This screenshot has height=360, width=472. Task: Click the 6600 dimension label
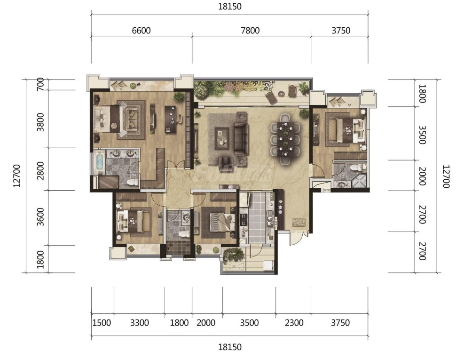pyautogui.click(x=141, y=31)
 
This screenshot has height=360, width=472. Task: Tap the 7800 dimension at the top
pyautogui.click(x=250, y=31)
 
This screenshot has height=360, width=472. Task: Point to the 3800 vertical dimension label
pyautogui.click(x=40, y=122)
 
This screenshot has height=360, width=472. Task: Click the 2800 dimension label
pyautogui.click(x=40, y=170)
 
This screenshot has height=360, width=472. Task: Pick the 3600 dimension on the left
pyautogui.click(x=40, y=216)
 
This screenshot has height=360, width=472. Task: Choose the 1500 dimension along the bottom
pyautogui.click(x=102, y=323)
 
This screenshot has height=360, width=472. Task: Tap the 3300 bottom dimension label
pyautogui.click(x=139, y=323)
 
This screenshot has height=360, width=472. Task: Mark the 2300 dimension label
pyautogui.click(x=294, y=323)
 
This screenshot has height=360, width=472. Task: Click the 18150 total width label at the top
pyautogui.click(x=230, y=6)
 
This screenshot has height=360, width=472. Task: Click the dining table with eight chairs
pyautogui.click(x=285, y=139)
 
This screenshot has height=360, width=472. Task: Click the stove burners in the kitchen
pyautogui.click(x=243, y=219)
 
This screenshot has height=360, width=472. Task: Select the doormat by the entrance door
pyautogui.click(x=299, y=223)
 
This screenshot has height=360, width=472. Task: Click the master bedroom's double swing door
pyautogui.click(x=176, y=165)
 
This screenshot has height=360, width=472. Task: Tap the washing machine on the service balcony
pyautogui.click(x=268, y=265)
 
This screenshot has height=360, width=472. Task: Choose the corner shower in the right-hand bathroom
pyautogui.click(x=360, y=180)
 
